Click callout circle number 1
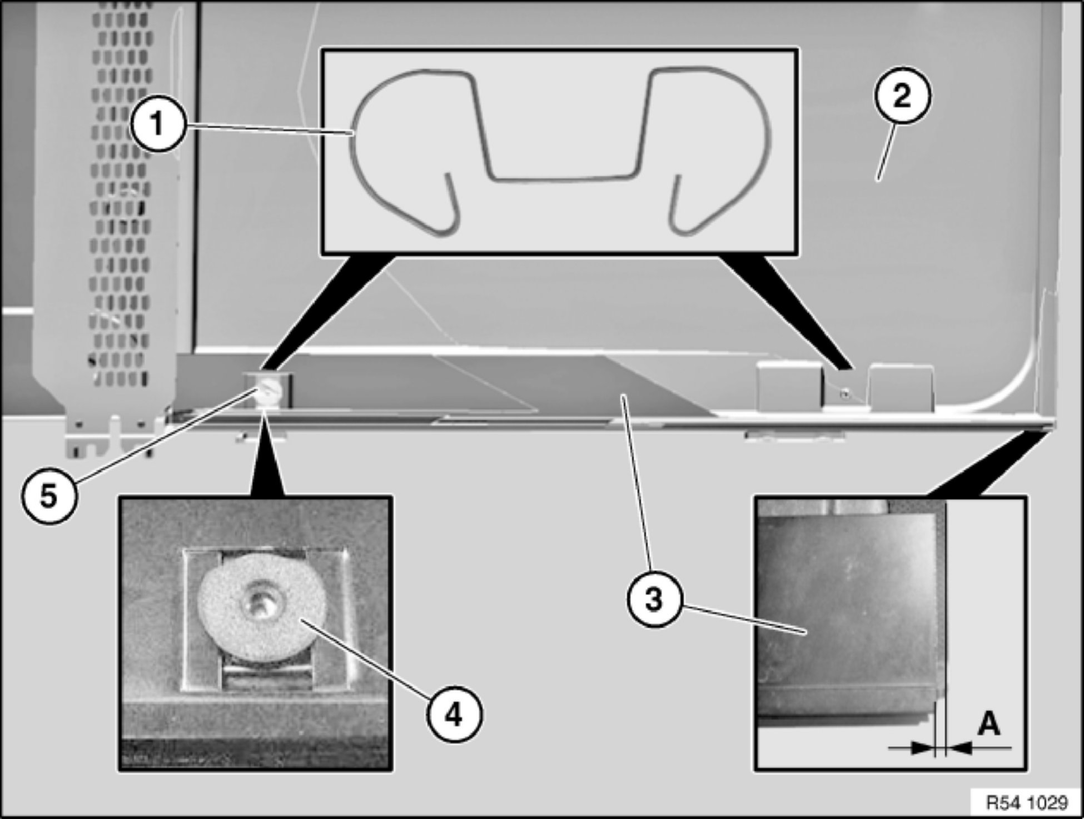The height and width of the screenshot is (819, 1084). click(157, 123)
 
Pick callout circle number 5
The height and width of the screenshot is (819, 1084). click(49, 496)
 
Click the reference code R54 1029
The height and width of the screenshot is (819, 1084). click(1026, 802)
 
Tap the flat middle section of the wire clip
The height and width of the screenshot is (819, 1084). click(561, 178)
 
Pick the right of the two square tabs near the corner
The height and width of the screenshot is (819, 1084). click(902, 388)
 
